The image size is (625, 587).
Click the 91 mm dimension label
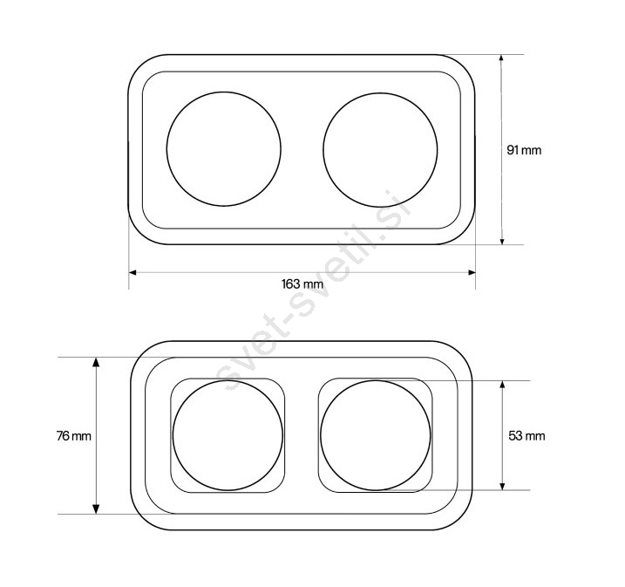(x=524, y=150)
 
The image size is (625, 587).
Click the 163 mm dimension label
(x=302, y=284)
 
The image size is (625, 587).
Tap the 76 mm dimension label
(x=74, y=436)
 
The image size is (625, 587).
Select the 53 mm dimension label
(x=526, y=436)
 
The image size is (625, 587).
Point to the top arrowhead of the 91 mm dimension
(x=502, y=59)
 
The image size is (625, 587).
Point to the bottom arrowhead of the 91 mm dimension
(x=502, y=240)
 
